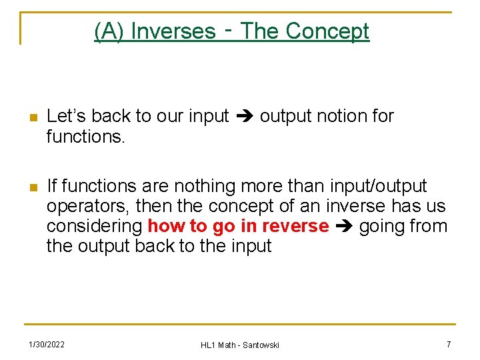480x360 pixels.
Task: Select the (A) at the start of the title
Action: [x=109, y=31]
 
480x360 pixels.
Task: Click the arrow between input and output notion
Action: [x=244, y=117]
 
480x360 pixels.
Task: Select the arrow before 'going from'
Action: [x=344, y=227]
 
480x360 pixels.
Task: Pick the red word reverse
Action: [x=295, y=226]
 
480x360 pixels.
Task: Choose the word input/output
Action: [x=378, y=186]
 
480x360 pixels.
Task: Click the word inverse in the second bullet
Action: [x=357, y=206]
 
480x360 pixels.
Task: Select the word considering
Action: [x=94, y=226]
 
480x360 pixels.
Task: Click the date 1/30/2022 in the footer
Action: [x=46, y=344]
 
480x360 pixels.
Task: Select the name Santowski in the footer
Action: [x=261, y=345]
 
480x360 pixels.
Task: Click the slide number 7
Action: [x=449, y=344]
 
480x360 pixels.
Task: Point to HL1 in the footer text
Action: [x=208, y=345]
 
